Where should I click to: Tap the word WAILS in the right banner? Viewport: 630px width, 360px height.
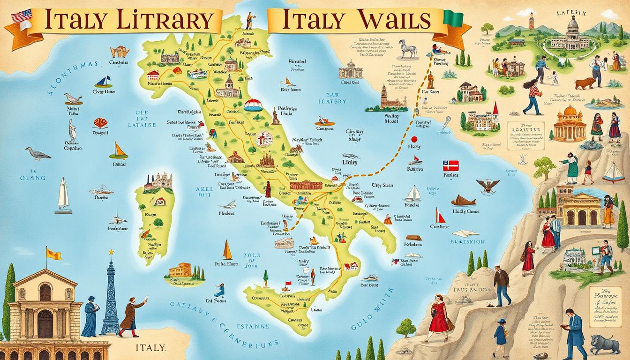(393, 21)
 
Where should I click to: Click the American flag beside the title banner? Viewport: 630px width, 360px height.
(18, 16)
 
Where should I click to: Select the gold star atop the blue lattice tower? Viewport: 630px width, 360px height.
(112, 252)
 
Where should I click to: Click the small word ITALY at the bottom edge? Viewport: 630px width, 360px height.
(150, 347)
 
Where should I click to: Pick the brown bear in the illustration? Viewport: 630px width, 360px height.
(585, 83)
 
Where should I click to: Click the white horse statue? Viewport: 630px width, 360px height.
(407, 48)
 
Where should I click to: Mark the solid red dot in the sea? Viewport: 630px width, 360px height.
(414, 139)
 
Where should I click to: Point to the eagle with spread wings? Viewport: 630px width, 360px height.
(488, 186)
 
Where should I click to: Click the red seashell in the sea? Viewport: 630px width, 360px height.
(100, 123)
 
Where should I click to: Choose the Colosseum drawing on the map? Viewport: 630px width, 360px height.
(284, 243)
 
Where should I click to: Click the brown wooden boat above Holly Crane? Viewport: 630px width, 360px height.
(464, 201)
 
